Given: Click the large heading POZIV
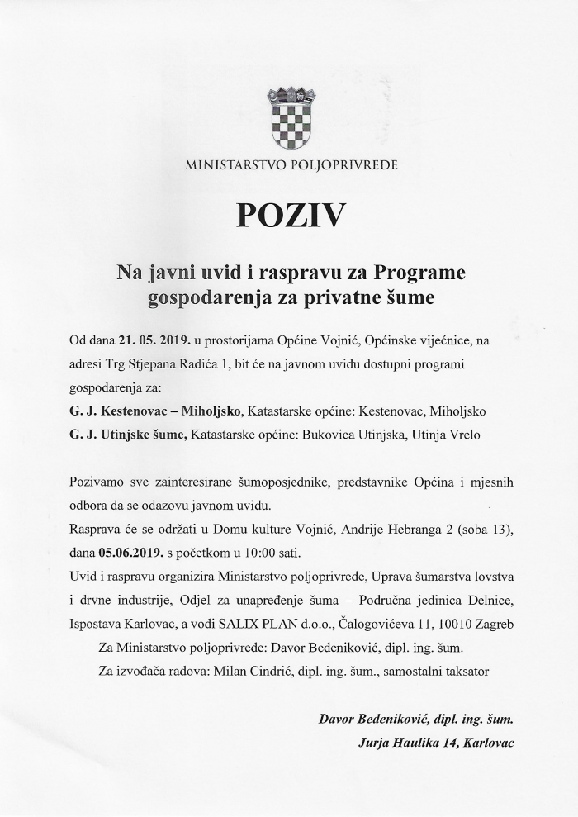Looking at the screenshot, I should pos(289,216).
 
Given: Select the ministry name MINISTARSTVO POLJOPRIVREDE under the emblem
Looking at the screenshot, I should pos(291,165).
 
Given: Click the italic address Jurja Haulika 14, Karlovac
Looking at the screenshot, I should pos(436,743).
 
